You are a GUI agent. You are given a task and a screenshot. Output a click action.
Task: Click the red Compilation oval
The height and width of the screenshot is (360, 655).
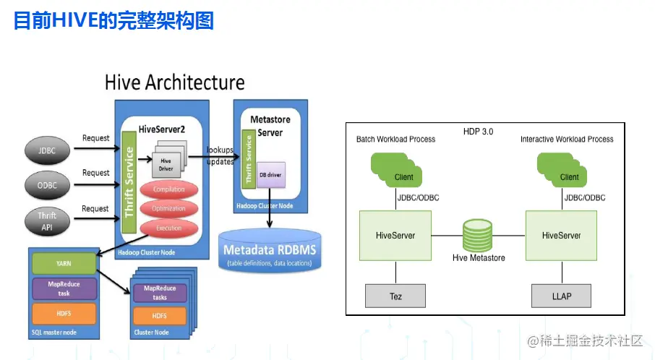coord(168,189)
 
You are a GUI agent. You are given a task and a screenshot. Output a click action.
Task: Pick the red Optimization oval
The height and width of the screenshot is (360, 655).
coord(168,209)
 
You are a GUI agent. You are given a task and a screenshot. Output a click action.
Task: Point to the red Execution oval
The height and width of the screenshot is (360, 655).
coord(168,228)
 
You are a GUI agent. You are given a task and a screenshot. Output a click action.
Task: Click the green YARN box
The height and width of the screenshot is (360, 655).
coord(64,262)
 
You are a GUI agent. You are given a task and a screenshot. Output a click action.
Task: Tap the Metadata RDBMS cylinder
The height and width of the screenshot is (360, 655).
coord(270,252)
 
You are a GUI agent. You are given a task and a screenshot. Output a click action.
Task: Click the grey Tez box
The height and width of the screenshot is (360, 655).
coord(395,296)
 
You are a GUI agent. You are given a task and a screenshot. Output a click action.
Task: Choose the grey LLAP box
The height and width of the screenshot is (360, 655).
coord(562,296)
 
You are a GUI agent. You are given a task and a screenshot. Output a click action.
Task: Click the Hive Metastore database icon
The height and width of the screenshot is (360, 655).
coord(479,236)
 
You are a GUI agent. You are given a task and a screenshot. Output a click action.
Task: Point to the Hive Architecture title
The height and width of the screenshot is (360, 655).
coord(174,82)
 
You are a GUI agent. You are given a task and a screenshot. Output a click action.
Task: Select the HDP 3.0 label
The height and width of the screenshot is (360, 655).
coord(478,132)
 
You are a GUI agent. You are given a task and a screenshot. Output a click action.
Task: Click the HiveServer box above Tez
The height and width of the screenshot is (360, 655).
coord(395,236)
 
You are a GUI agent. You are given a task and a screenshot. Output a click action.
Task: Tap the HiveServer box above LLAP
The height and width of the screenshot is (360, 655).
coord(562,236)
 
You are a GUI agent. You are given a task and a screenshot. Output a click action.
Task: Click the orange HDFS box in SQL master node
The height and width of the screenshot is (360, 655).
coord(64,314)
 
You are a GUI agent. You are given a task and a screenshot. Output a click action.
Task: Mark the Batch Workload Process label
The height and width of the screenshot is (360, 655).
coord(395,139)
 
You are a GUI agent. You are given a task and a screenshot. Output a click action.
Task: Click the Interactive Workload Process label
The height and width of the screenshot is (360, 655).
coord(567,139)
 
